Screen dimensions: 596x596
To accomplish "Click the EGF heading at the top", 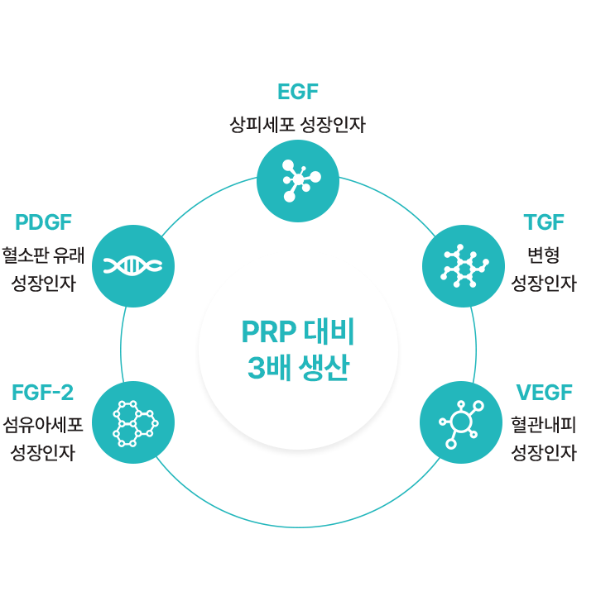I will [298, 92].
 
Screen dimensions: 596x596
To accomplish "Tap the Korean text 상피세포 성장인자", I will [297, 125].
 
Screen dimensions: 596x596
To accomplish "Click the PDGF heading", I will [44, 222].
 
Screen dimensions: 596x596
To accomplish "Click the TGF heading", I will [544, 222].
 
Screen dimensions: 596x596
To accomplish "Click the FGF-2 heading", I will [44, 392].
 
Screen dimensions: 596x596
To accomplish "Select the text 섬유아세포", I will [43, 423].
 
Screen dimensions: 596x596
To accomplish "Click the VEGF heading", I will [544, 392].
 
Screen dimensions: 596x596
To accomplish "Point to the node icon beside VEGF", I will [461, 422].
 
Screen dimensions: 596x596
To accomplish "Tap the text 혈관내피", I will [544, 423].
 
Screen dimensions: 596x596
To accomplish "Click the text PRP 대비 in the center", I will [298, 332].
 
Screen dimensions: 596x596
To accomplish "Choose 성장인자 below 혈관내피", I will [544, 452].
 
